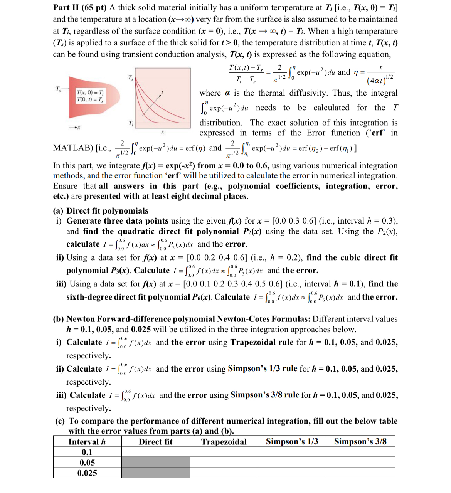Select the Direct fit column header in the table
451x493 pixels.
155,442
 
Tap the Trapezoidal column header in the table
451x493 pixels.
224,442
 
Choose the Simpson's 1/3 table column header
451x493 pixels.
292,441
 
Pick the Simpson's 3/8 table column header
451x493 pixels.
360,441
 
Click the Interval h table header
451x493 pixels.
87,442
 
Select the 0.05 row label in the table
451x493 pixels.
87,463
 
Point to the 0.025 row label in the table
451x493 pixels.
87,473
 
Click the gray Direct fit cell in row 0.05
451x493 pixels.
155,463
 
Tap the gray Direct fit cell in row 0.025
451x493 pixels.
155,473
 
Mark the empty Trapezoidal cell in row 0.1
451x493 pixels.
224,452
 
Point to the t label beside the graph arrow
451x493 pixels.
162,93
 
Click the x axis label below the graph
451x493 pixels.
162,132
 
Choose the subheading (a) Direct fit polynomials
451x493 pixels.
101,211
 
